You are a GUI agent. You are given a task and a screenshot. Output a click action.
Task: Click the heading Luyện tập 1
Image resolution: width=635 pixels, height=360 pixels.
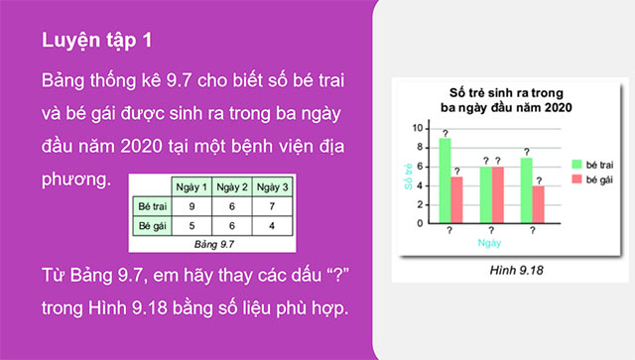click(97, 44)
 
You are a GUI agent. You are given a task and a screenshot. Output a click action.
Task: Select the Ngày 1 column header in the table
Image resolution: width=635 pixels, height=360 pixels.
click(190, 187)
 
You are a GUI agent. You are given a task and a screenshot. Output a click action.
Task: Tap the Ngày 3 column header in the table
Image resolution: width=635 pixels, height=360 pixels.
click(271, 187)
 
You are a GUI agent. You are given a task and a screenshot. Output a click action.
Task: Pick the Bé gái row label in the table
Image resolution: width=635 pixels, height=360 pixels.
click(150, 227)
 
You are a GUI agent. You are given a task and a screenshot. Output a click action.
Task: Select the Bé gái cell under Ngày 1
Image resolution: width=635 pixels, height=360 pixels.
click(190, 227)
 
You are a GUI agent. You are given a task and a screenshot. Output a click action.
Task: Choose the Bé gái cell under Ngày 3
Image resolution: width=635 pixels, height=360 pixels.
click(271, 227)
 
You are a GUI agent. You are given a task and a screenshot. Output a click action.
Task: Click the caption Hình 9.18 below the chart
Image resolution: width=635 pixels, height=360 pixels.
click(492, 269)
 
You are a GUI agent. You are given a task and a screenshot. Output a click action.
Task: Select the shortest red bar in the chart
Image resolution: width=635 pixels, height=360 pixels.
click(537, 204)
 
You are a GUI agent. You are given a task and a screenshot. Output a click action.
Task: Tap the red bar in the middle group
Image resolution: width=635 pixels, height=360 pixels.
click(497, 194)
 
